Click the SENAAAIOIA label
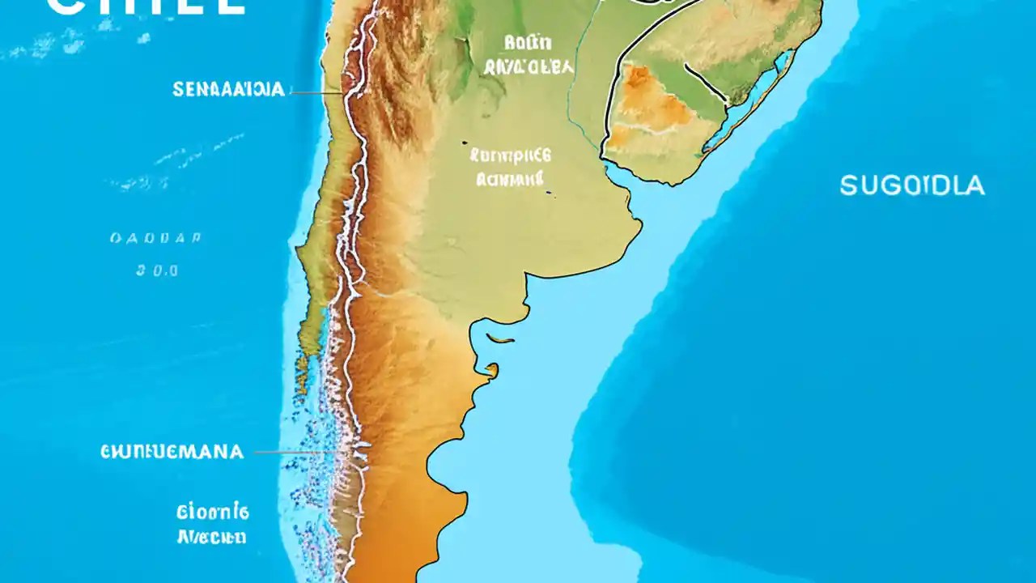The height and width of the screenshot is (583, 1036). (229, 90)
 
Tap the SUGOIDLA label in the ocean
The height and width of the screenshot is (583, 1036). (912, 186)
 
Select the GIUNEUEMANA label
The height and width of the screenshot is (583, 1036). (172, 452)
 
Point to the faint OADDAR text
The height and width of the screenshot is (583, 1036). (155, 239)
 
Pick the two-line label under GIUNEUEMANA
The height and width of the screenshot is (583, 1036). (213, 523)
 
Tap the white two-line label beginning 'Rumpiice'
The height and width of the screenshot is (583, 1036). (510, 166)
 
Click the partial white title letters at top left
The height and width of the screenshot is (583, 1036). (146, 6)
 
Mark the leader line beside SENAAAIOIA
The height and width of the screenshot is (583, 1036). (317, 93)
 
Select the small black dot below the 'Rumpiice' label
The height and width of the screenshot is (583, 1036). (550, 193)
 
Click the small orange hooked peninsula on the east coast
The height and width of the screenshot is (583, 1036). (491, 370)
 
